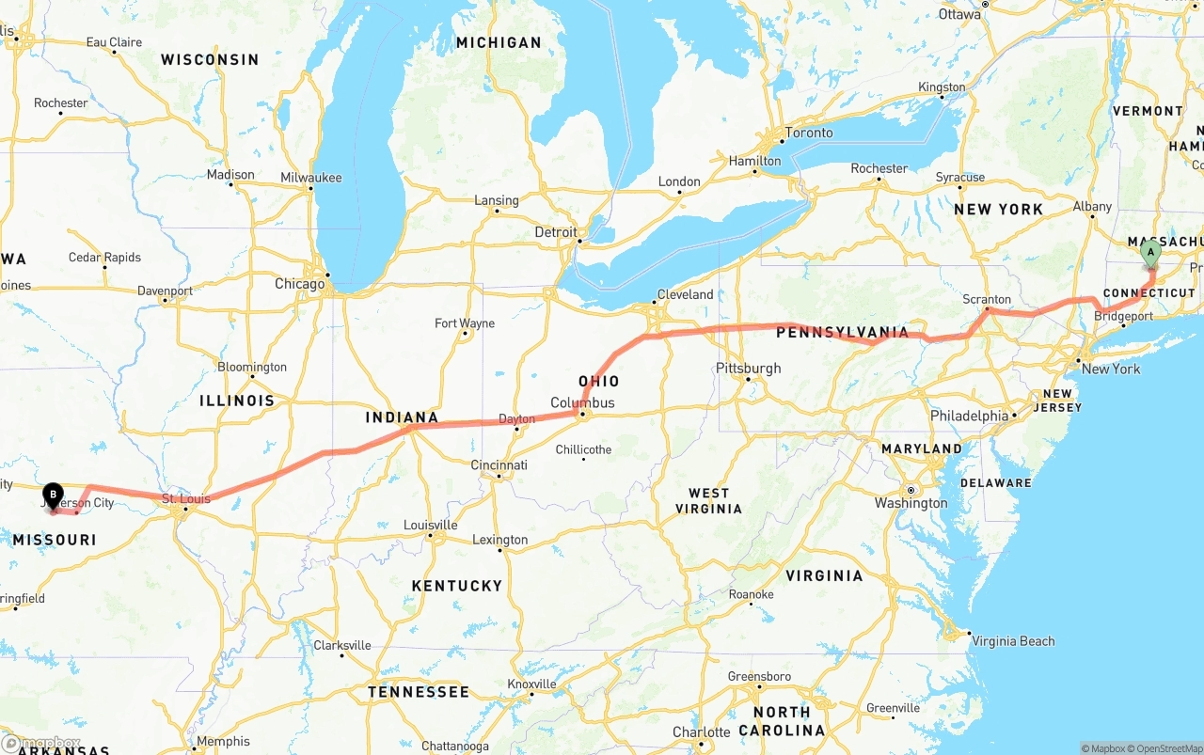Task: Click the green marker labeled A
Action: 1150,253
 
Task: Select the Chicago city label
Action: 299,284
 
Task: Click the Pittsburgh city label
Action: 748,368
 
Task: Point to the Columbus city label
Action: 582,403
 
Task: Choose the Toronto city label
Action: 808,133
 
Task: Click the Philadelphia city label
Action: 969,416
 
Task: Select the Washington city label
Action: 911,503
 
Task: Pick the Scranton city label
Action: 987,300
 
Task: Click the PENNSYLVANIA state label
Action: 842,332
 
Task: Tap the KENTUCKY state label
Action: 457,586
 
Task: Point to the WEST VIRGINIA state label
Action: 708,500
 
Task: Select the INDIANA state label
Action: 402,417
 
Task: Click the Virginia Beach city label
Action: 1013,641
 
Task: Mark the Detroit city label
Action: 555,231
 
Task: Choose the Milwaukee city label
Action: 310,178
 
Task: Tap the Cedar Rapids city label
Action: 104,258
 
